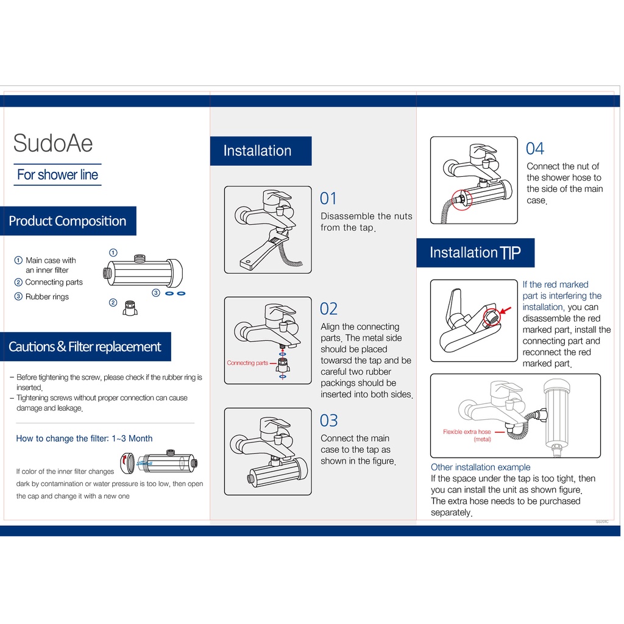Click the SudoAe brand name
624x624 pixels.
coord(53,144)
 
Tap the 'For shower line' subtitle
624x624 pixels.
coord(57,175)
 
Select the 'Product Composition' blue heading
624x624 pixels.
coord(68,221)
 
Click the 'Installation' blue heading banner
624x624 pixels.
coord(258,151)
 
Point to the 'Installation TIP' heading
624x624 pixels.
coord(475,253)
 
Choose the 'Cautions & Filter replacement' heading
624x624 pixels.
coord(85,347)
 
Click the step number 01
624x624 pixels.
coord(328,199)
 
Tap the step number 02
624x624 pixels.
coord(328,309)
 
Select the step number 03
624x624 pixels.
coord(328,420)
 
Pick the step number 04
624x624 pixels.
coord(534,149)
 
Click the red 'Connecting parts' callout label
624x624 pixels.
coord(247,363)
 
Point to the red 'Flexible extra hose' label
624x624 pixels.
coord(467,432)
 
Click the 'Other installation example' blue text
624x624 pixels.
coord(481,467)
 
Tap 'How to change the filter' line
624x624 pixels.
coord(84,439)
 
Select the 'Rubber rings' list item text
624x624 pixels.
coord(47,297)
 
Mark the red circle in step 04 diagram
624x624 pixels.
coord(461,199)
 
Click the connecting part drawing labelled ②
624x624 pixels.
coord(130,308)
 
